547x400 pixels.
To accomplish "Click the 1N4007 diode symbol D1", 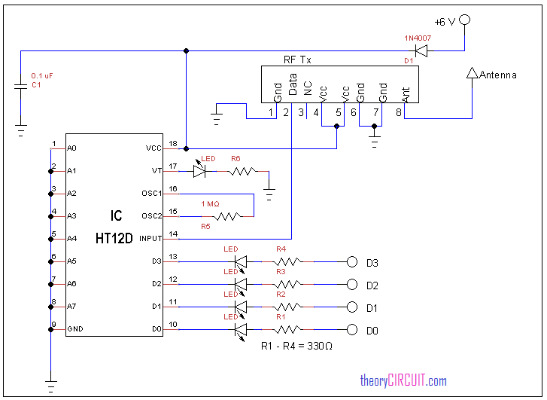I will (x=421, y=51).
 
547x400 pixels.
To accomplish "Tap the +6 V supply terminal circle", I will (x=466, y=20).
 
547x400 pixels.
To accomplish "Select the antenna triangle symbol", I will (x=473, y=73).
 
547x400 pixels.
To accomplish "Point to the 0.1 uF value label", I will (x=41, y=76).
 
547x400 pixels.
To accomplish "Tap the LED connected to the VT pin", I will (x=199, y=171).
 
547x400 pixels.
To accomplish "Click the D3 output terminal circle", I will (x=351, y=262).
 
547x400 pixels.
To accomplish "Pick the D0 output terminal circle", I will (x=351, y=330).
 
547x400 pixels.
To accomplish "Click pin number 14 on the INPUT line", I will (x=173, y=234).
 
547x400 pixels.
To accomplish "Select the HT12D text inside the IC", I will (x=114, y=237).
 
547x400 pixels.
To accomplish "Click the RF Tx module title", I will (x=296, y=60).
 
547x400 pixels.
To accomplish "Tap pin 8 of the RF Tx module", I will (x=399, y=113).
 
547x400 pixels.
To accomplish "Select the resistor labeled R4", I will (x=287, y=262).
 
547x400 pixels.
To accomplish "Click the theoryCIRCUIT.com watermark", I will (x=403, y=381).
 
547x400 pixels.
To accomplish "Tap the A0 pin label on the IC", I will (x=71, y=148).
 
